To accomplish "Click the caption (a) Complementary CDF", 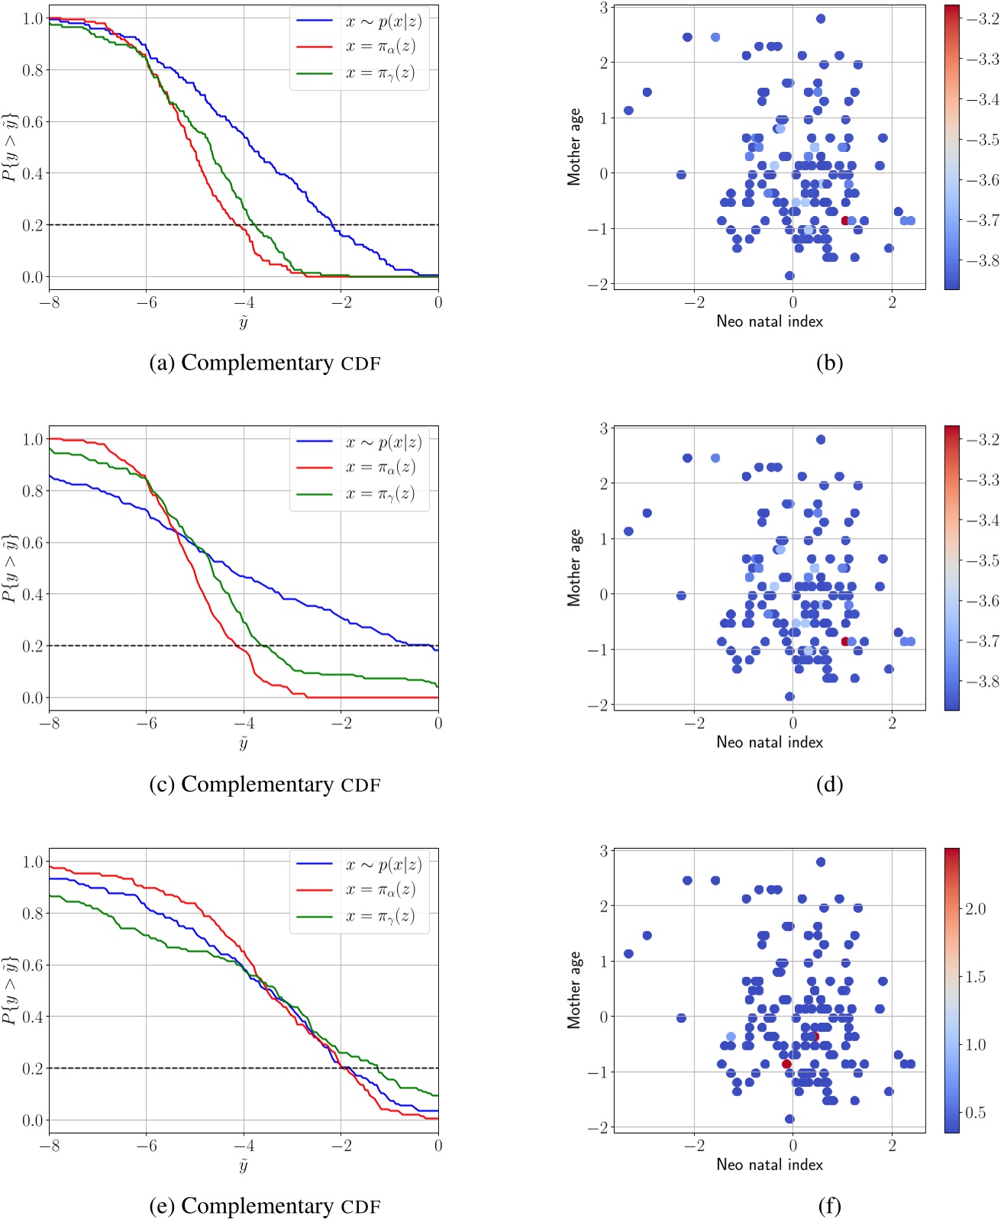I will pyautogui.click(x=265, y=363).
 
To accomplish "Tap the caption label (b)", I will pyautogui.click(x=829, y=363).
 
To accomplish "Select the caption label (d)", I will pyautogui.click(x=829, y=784).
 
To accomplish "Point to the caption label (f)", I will pyautogui.click(x=829, y=1206).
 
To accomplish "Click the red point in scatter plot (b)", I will pyautogui.click(x=845, y=221).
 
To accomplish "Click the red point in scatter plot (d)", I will pyautogui.click(x=845, y=642).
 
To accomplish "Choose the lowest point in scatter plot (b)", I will pyautogui.click(x=789, y=276).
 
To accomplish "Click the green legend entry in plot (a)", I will pyautogui.click(x=359, y=73).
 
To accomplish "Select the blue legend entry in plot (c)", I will pyautogui.click(x=359, y=442).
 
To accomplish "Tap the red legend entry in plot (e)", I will pyautogui.click(x=359, y=890).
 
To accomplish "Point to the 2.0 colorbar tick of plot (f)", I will pyautogui.click(x=977, y=908).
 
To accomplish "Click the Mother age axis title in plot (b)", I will pyautogui.click(x=573, y=147).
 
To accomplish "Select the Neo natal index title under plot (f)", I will pyautogui.click(x=770, y=1164).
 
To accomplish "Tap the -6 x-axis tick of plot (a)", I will pyautogui.click(x=147, y=302).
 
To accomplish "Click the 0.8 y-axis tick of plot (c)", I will pyautogui.click(x=33, y=491).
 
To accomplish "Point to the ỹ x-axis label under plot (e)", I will pyautogui.click(x=244, y=1165).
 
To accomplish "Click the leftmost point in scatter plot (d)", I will pyautogui.click(x=628, y=531).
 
